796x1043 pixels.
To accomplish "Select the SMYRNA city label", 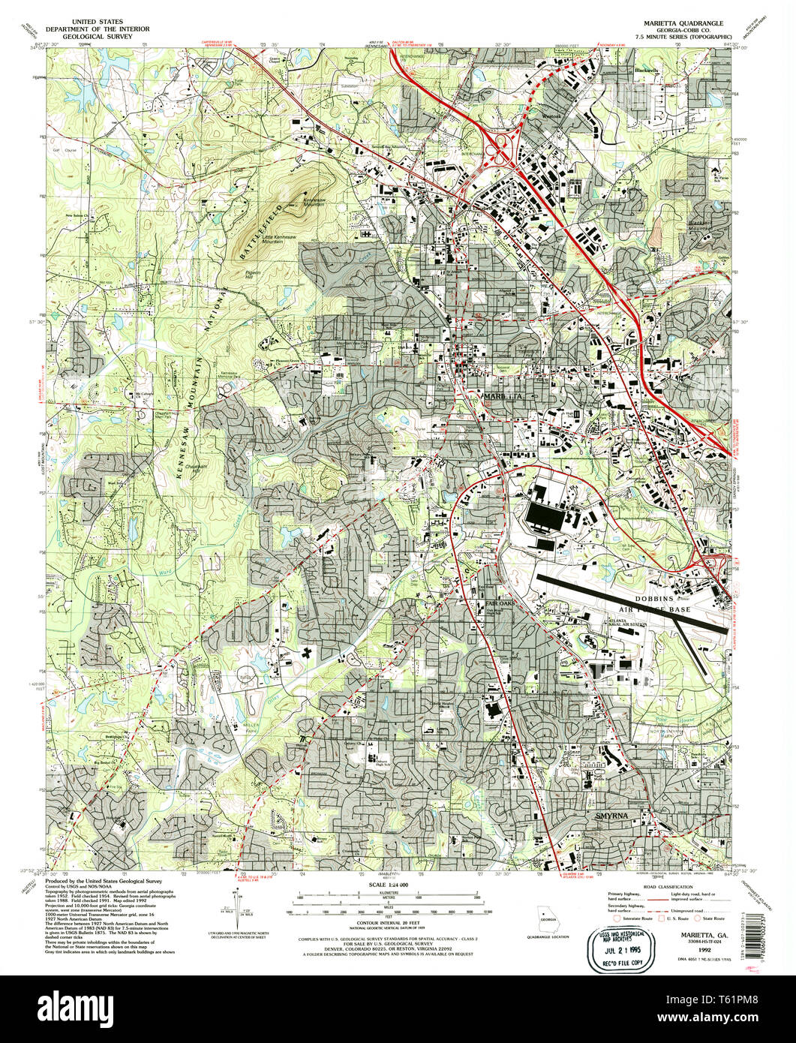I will [x=611, y=815].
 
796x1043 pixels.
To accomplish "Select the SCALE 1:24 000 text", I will [x=387, y=885].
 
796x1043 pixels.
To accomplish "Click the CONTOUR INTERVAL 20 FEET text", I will [x=388, y=921].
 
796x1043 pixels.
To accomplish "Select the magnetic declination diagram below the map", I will [x=239, y=909].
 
